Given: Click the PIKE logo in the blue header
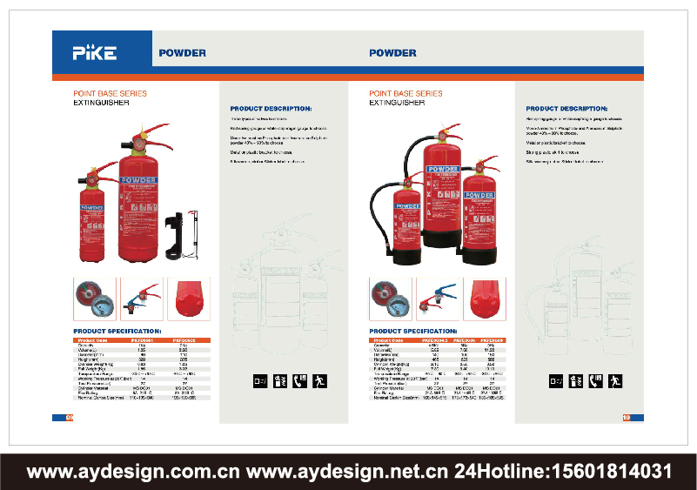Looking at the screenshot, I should point(95,52).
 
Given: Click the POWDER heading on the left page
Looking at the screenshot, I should point(182,53).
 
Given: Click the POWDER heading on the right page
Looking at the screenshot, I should point(392,53).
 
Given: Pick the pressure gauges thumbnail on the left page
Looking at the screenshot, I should point(91,297).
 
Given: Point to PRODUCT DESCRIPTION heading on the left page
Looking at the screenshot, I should point(271,109).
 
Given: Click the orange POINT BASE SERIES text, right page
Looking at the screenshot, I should point(405,93).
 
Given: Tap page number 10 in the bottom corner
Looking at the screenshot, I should point(626,418).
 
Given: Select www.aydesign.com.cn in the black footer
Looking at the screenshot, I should point(133,472).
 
